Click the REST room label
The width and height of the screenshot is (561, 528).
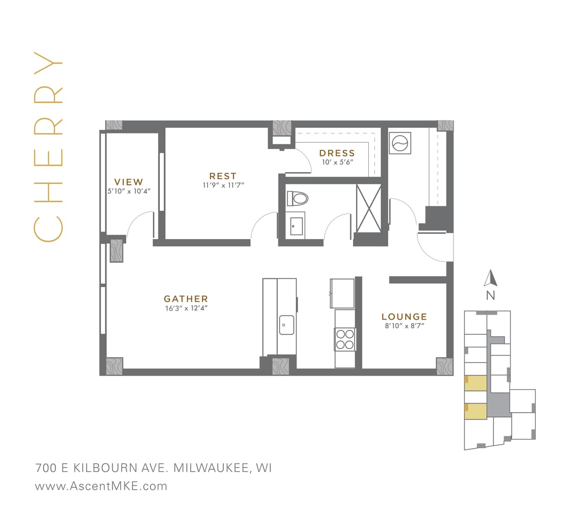click(223, 176)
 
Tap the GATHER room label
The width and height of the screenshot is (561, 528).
click(186, 299)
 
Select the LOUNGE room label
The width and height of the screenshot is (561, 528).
click(404, 317)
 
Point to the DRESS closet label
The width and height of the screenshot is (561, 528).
click(337, 153)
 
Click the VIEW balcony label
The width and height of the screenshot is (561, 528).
click(129, 182)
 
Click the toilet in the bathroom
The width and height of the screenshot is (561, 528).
click(298, 198)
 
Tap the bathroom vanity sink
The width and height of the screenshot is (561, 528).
click(295, 227)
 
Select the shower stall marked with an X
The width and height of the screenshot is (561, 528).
click(368, 208)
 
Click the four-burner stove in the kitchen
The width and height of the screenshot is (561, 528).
click(345, 339)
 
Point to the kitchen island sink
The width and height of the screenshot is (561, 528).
click(287, 325)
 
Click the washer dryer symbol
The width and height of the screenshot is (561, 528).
click(400, 143)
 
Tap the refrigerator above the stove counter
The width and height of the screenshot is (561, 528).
click(342, 293)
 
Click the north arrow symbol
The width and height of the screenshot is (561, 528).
click(490, 278)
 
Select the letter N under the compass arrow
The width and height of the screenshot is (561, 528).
click(490, 296)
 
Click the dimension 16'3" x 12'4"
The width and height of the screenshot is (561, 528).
click(186, 308)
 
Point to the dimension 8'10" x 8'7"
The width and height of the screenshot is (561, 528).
click(404, 326)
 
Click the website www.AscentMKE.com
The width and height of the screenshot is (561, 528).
click(101, 486)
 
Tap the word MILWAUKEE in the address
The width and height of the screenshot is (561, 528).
click(211, 468)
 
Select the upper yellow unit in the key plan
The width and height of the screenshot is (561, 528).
click(476, 383)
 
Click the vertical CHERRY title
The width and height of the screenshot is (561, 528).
click(48, 147)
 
